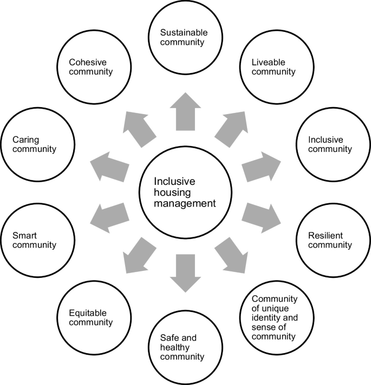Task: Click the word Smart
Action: click(x=23, y=235)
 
